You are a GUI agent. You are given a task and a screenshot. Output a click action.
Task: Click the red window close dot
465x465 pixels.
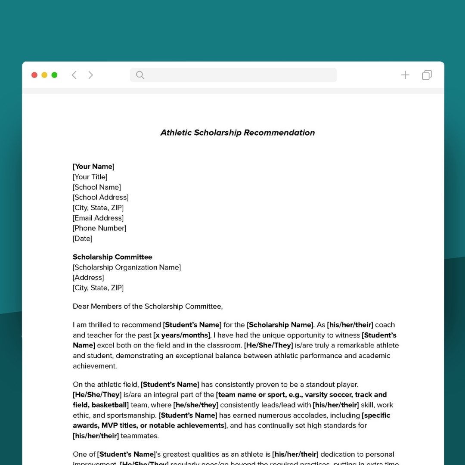click(x=34, y=75)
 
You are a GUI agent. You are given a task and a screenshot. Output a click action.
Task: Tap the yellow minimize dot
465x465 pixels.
click(x=44, y=75)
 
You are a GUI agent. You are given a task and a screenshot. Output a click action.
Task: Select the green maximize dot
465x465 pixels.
click(x=54, y=75)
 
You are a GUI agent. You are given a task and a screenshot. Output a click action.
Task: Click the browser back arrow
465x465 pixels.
click(x=74, y=75)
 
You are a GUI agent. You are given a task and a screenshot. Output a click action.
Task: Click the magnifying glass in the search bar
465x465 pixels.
click(x=140, y=75)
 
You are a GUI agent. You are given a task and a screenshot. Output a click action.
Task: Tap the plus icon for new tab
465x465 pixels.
click(x=405, y=75)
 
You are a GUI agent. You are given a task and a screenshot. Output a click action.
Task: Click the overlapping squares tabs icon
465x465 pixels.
click(x=427, y=75)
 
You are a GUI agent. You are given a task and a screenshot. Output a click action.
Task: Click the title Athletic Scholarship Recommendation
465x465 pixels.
click(x=237, y=133)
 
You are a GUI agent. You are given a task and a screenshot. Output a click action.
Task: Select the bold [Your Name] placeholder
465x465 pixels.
click(x=93, y=167)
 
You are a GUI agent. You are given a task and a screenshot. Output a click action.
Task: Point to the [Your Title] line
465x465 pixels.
click(x=90, y=177)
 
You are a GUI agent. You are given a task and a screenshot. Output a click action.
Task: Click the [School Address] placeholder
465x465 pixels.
click(x=100, y=198)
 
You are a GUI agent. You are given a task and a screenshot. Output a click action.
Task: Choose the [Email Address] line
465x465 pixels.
click(x=98, y=218)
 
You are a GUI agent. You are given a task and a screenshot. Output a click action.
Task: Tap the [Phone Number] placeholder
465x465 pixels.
click(x=99, y=228)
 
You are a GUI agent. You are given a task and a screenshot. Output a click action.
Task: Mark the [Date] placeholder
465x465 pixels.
click(x=82, y=239)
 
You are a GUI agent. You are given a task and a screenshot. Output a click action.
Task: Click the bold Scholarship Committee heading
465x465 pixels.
click(x=112, y=257)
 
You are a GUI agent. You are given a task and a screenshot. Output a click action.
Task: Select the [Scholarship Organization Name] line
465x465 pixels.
click(x=127, y=267)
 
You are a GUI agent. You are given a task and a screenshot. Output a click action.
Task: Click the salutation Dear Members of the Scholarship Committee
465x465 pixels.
click(x=148, y=307)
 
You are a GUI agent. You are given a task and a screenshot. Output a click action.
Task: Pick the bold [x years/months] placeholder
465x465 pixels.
click(x=182, y=335)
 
